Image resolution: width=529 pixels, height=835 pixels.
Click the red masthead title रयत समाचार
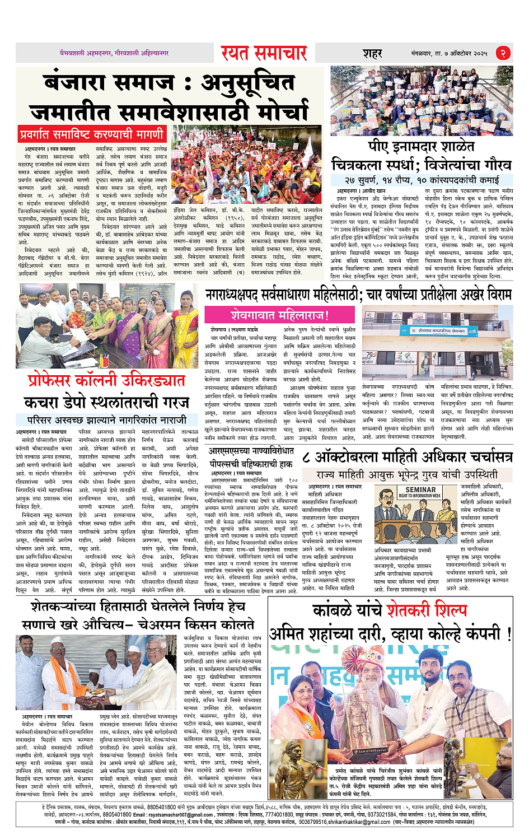(x=264, y=53)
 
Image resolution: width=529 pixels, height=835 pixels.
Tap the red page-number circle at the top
(x=503, y=53)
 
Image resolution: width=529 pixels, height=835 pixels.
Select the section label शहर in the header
(x=372, y=54)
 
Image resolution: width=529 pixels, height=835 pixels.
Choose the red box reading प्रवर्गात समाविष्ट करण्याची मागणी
(x=92, y=134)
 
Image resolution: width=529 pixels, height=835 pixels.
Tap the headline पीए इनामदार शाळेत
(x=421, y=147)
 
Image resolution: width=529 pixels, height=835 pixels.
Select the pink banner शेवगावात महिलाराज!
(x=280, y=315)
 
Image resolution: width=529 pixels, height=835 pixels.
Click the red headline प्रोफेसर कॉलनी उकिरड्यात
(x=106, y=381)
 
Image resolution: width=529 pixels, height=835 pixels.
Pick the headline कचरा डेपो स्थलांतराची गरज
(x=106, y=402)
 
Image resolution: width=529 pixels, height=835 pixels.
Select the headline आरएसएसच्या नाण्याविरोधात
(x=251, y=451)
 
